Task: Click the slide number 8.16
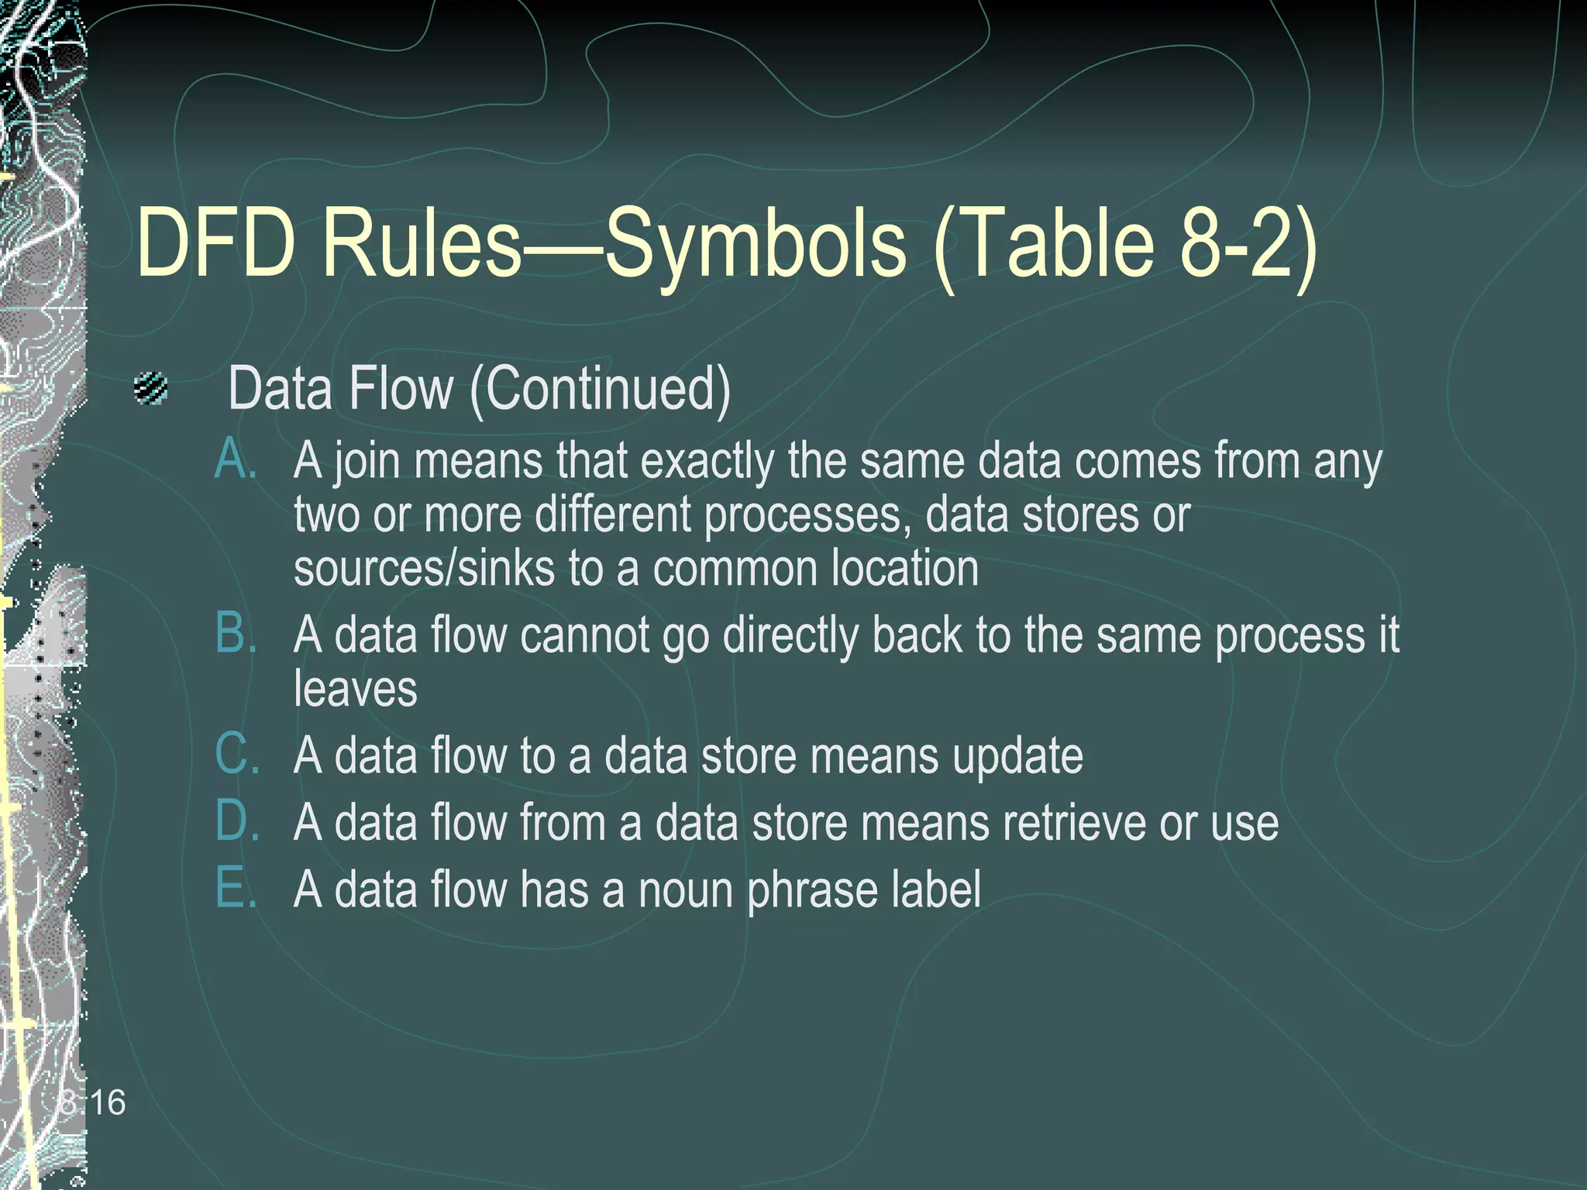pyautogui.click(x=92, y=1102)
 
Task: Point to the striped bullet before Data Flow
pyautogui.click(x=150, y=389)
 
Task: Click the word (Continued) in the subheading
pyautogui.click(x=601, y=389)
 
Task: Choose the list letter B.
pyautogui.click(x=236, y=633)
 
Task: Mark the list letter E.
pyautogui.click(x=235, y=887)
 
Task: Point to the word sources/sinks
pyautogui.click(x=424, y=568)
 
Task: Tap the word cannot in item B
pyautogui.click(x=584, y=635)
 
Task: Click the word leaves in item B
pyautogui.click(x=355, y=689)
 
